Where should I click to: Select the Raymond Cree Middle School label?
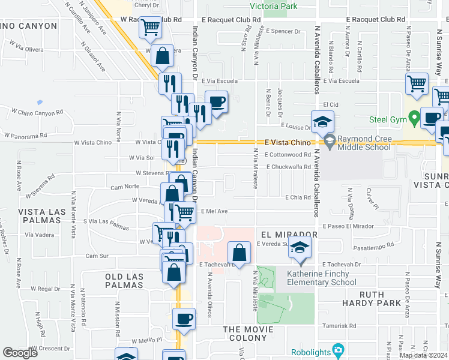tap(364, 142)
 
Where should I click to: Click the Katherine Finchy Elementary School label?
tap(321, 278)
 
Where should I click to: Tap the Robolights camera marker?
tap(338, 350)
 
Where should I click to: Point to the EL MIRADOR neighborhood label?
tap(288, 234)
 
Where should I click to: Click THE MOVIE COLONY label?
tap(248, 334)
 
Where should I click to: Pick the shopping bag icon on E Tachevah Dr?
tap(240, 252)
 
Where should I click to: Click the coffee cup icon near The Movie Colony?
tap(184, 318)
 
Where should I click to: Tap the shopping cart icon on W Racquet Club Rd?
tap(150, 27)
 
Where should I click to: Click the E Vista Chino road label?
tap(288, 143)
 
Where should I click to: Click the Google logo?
tap(20, 353)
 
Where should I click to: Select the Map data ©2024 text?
tap(423, 355)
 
